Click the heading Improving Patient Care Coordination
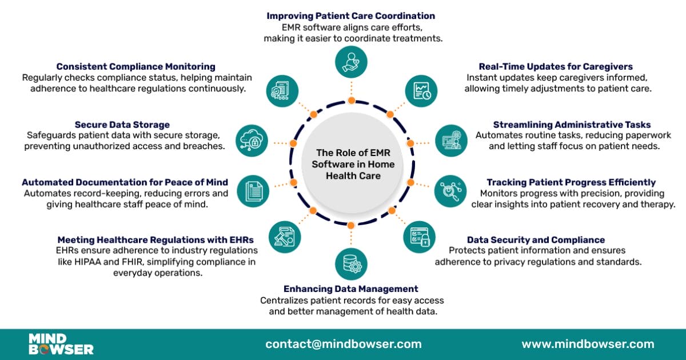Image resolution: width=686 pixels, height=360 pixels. (350, 16)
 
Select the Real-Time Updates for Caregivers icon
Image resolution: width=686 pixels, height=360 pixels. (421, 90)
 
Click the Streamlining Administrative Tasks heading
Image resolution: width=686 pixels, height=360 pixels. (572, 125)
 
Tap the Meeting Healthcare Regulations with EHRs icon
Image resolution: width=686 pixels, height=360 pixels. (284, 237)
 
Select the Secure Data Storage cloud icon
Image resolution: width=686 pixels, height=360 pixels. (252, 141)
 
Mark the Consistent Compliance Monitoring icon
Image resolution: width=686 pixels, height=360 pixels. (282, 90)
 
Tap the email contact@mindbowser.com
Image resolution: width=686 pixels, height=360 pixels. (343, 344)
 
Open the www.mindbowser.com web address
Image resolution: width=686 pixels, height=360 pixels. (588, 344)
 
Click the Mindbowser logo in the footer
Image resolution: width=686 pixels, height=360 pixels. (61, 344)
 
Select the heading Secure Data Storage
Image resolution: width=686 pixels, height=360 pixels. (122, 125)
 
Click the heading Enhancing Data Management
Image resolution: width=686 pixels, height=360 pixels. (350, 289)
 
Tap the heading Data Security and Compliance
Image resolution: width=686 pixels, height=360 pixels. (536, 240)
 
